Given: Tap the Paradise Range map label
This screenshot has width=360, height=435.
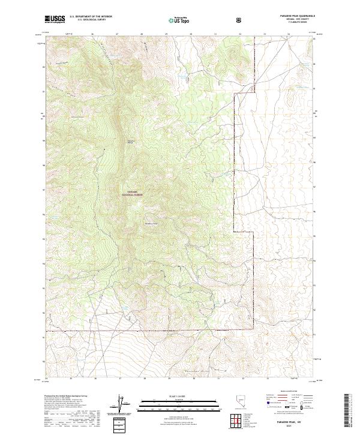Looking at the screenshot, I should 131,142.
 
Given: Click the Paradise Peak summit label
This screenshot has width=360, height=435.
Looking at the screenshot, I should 152,224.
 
